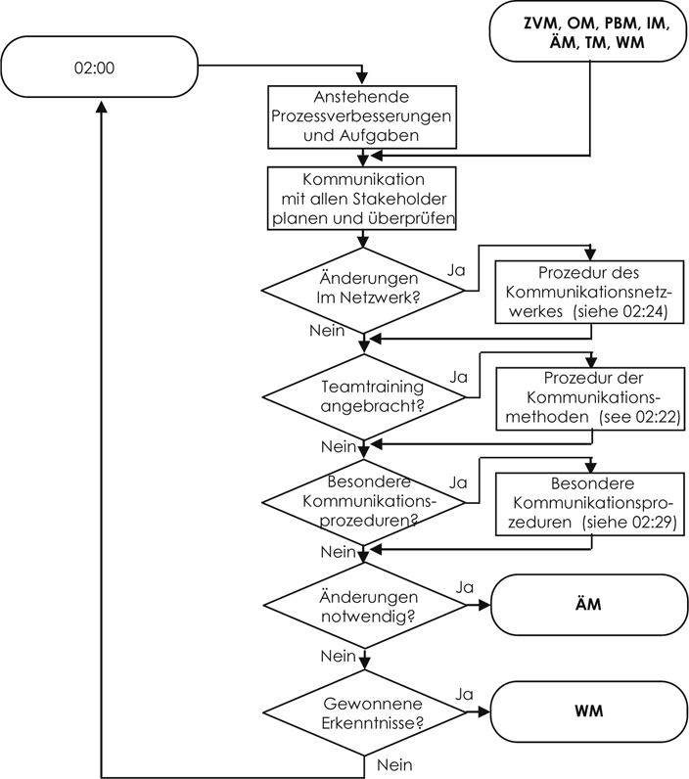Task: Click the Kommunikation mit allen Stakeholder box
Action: click(x=362, y=199)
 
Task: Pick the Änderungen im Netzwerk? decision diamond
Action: click(x=363, y=288)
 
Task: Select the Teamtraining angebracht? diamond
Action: click(x=363, y=394)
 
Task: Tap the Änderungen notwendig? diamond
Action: click(x=363, y=606)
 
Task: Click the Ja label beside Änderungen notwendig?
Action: click(x=465, y=587)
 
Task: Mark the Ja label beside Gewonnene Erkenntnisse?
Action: click(x=465, y=693)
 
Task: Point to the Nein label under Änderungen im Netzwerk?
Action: click(x=327, y=331)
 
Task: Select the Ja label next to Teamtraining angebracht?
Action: click(x=457, y=376)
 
